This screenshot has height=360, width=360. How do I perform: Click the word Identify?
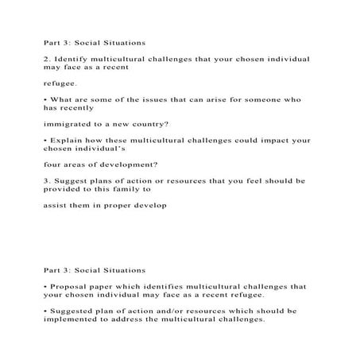[x=75, y=59]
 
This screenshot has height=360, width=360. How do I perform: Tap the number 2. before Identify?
[x=49, y=59]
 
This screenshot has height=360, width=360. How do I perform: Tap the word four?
[x=53, y=166]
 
